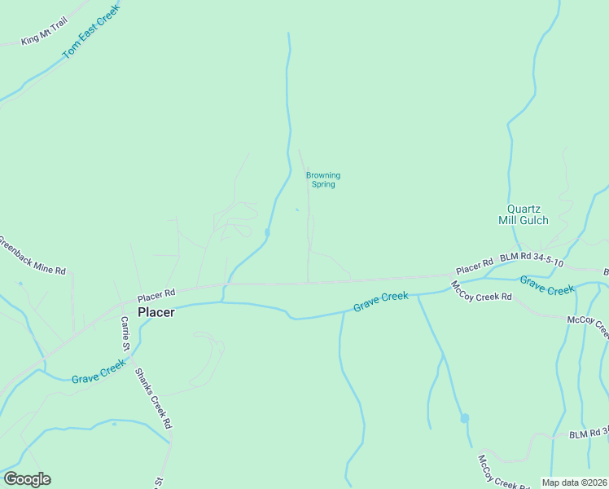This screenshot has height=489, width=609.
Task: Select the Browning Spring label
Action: (x=322, y=179)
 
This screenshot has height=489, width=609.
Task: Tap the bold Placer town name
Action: (x=156, y=312)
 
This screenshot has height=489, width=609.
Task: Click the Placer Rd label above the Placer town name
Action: (x=156, y=294)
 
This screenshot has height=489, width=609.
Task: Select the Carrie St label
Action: (x=125, y=333)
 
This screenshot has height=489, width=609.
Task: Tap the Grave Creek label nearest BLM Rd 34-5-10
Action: (x=547, y=286)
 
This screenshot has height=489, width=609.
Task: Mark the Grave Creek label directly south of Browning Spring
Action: (x=380, y=302)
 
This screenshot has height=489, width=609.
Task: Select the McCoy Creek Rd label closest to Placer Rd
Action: (x=481, y=291)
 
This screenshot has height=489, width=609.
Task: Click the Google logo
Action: (x=27, y=479)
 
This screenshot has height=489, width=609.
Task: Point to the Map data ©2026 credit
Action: (x=574, y=482)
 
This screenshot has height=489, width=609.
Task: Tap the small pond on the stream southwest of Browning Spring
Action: (x=268, y=234)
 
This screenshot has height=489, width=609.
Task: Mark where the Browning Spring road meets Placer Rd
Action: (x=308, y=283)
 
